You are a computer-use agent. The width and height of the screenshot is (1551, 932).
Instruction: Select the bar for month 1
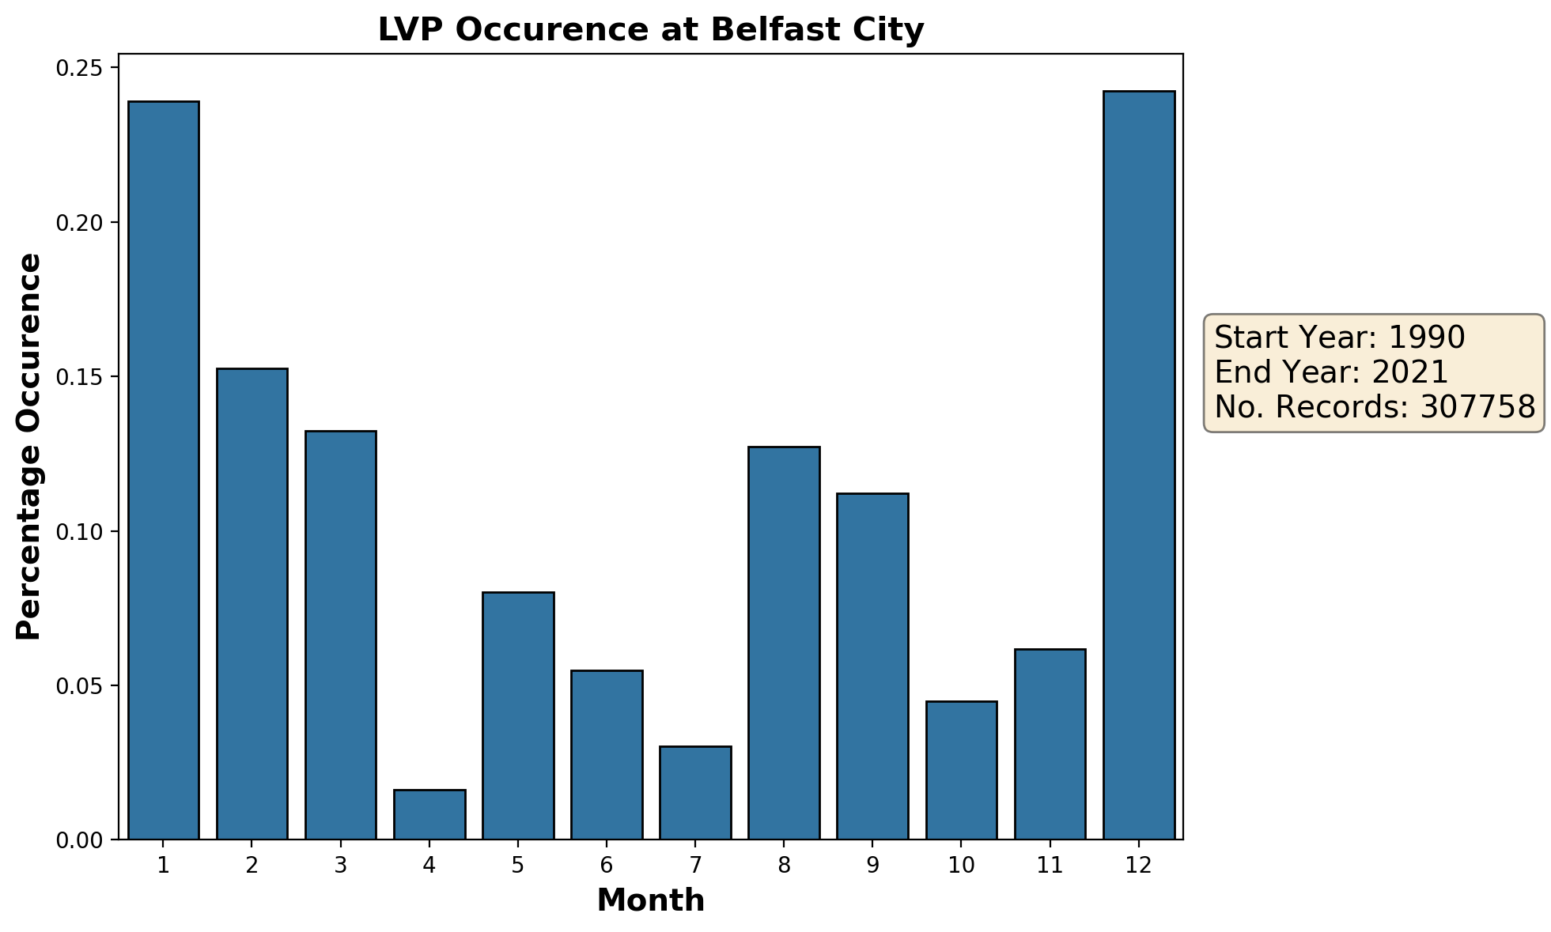163,470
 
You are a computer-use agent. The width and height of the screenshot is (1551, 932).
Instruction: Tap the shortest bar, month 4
429,814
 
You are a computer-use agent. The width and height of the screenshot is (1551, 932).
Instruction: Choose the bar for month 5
518,715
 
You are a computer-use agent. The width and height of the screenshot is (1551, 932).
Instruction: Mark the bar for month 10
961,770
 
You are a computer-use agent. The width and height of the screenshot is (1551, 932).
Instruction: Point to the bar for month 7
695,792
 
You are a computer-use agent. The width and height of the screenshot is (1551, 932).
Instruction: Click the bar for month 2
252,604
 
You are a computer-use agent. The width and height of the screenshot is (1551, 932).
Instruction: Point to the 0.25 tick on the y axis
80,68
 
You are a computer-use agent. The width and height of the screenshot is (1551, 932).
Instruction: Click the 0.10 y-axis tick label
80,531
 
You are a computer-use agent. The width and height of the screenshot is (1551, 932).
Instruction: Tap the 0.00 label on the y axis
80,840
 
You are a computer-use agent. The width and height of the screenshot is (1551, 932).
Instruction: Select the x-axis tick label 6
607,866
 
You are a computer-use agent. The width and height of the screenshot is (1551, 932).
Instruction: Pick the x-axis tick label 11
1050,866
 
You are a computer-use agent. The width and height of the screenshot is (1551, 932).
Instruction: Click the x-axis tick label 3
340,866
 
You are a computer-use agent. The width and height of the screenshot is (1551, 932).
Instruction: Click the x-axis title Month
650,901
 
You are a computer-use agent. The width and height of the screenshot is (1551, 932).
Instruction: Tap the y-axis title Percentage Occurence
29,447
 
